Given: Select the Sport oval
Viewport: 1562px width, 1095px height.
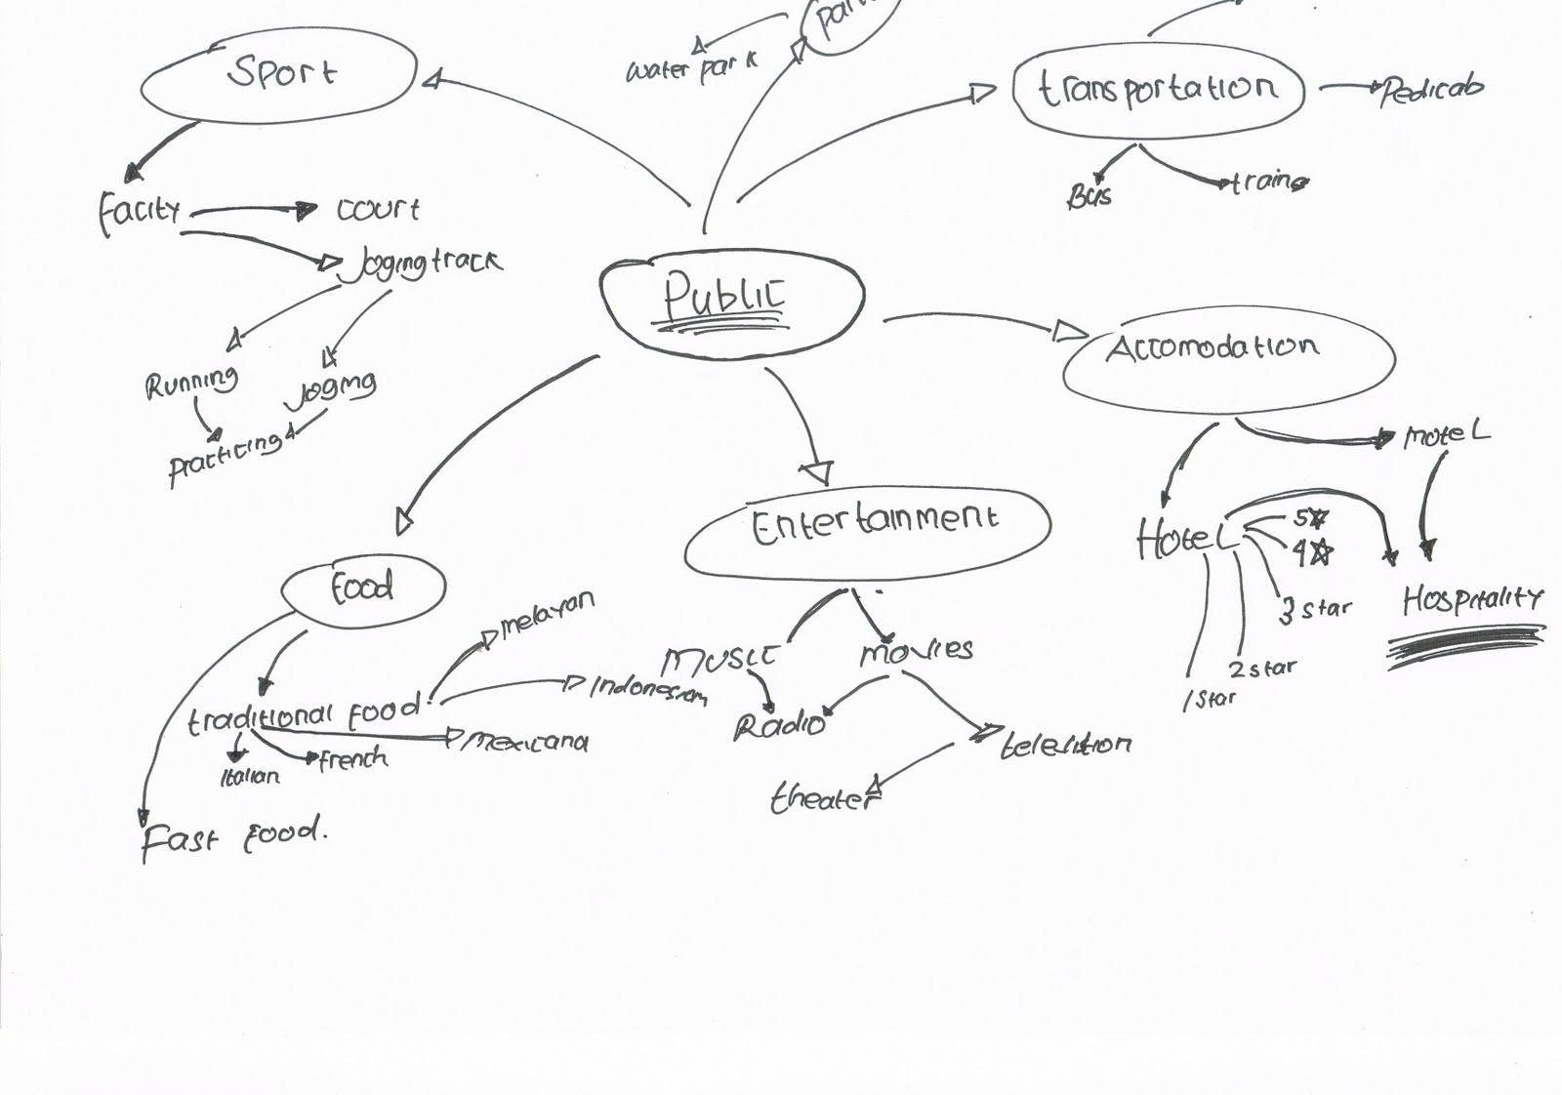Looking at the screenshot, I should pos(279,76).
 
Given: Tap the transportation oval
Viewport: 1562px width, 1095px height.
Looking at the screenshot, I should pos(1159,90).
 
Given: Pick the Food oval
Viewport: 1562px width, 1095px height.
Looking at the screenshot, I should pos(363,588).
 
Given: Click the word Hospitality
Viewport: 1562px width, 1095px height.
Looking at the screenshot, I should pos(1472,598).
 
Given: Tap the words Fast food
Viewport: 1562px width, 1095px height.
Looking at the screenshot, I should pos(232,837).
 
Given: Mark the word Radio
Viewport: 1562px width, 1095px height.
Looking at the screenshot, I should pos(779,726).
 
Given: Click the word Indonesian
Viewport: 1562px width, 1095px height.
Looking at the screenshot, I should pos(648,689).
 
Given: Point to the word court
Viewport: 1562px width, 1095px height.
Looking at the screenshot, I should pos(378,209).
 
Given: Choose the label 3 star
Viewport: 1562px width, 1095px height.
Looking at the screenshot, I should pos(1315,609).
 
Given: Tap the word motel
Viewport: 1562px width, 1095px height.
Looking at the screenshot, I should pos(1446,434).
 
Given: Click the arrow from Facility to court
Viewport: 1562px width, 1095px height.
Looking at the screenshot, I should pos(252,209).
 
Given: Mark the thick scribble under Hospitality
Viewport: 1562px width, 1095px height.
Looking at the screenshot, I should pos(1466,645).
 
